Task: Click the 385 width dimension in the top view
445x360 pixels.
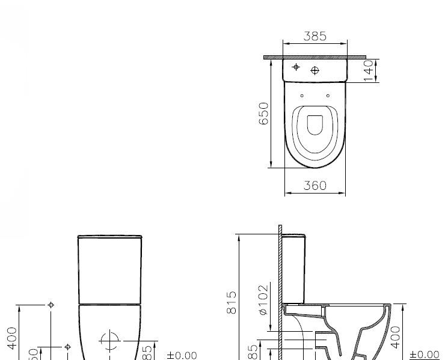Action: (315, 36)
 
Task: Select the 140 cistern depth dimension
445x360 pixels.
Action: (369, 70)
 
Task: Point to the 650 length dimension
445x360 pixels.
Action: (263, 113)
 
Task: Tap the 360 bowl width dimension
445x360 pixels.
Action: (315, 186)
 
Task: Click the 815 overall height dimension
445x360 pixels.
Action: (232, 302)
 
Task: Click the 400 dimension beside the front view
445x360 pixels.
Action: (11, 338)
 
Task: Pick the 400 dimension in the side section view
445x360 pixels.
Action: (395, 338)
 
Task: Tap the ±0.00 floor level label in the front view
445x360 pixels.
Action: (182, 355)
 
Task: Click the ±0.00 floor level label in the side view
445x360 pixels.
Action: (425, 355)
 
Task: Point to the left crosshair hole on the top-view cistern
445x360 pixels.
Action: (295, 67)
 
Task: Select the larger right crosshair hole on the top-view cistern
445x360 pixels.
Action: (315, 71)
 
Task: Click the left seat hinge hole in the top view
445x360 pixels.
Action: (302, 96)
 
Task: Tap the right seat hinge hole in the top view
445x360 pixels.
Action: (328, 96)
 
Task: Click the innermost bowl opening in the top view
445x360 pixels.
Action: (315, 125)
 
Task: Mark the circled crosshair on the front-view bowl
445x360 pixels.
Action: (110, 341)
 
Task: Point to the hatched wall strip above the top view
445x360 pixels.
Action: (315, 57)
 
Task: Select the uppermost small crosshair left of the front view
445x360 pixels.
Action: (51, 305)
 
